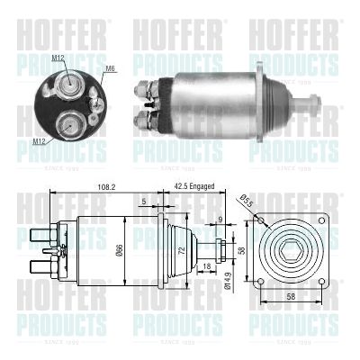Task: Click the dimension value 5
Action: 144,202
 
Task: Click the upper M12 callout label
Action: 58,58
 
